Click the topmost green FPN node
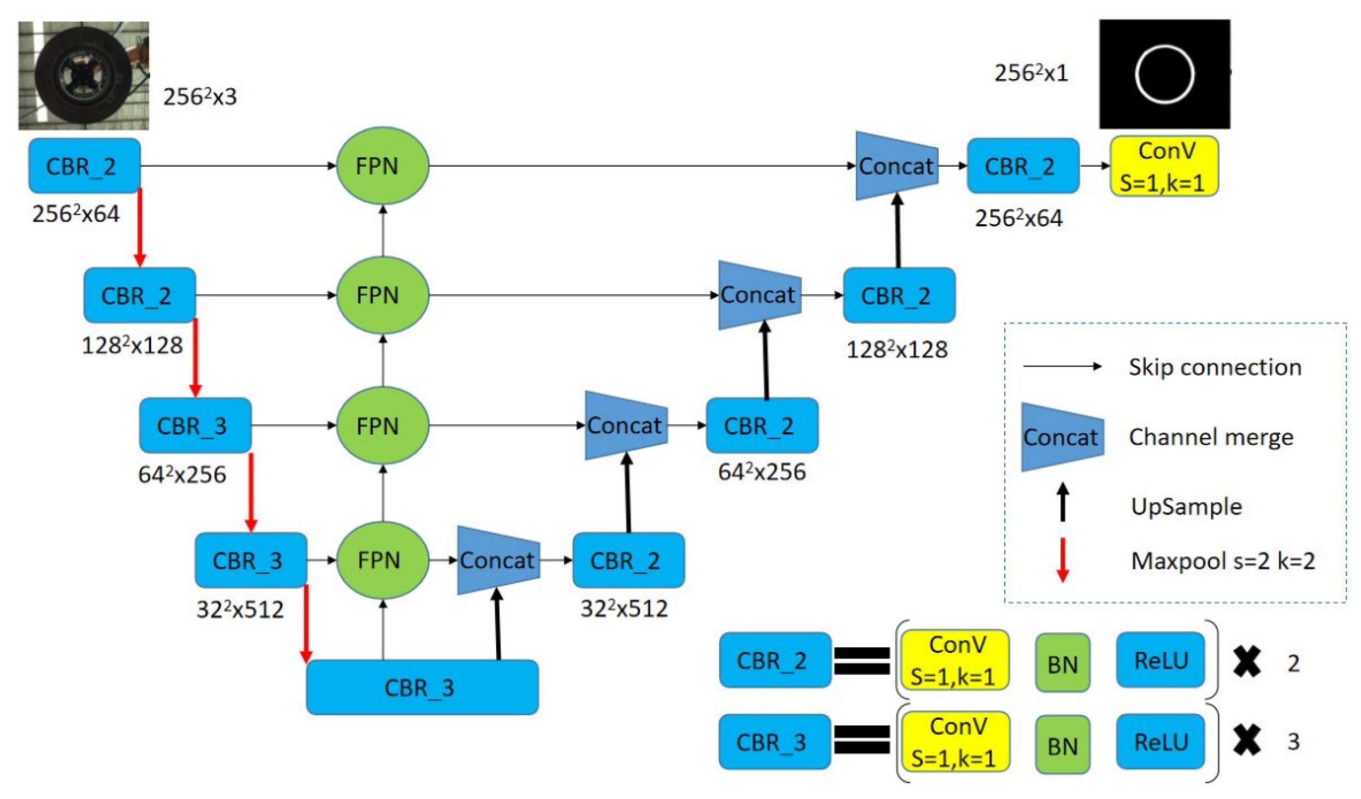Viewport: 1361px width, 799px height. click(382, 166)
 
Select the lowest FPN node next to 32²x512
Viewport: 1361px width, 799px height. click(382, 560)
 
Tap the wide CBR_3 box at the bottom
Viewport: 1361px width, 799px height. click(422, 688)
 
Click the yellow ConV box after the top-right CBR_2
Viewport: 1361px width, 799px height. click(1164, 166)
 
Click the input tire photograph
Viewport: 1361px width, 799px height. click(84, 75)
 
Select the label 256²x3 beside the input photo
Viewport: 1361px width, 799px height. click(200, 97)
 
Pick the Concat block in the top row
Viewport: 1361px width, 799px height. click(896, 166)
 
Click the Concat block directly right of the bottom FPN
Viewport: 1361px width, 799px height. click(497, 560)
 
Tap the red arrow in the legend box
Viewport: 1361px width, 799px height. click(1062, 560)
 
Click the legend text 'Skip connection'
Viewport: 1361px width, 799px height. click(1215, 367)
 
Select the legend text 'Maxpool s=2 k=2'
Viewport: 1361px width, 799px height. click(1223, 561)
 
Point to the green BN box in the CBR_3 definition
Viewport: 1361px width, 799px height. click(1062, 745)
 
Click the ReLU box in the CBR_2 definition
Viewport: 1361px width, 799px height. click(1160, 660)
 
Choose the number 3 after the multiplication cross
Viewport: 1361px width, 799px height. click(1293, 742)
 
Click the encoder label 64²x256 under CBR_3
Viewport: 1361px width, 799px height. click(182, 474)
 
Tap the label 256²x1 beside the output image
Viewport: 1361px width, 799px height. click(1030, 73)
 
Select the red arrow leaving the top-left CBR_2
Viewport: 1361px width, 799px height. click(140, 227)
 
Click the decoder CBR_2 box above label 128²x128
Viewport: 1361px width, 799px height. click(899, 296)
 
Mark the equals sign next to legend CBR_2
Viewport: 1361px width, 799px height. click(862, 660)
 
